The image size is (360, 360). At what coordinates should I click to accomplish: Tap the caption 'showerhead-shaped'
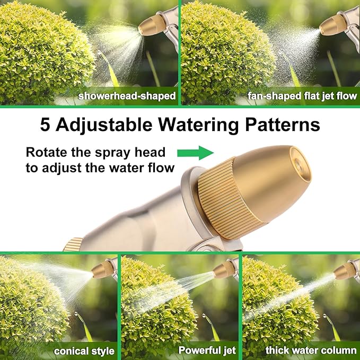point(127,96)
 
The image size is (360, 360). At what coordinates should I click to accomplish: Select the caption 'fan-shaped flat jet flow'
point(302,96)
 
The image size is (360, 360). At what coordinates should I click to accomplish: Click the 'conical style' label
point(84,350)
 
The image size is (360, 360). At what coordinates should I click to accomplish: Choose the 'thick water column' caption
point(311,350)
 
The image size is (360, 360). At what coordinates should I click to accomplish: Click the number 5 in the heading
point(47,125)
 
